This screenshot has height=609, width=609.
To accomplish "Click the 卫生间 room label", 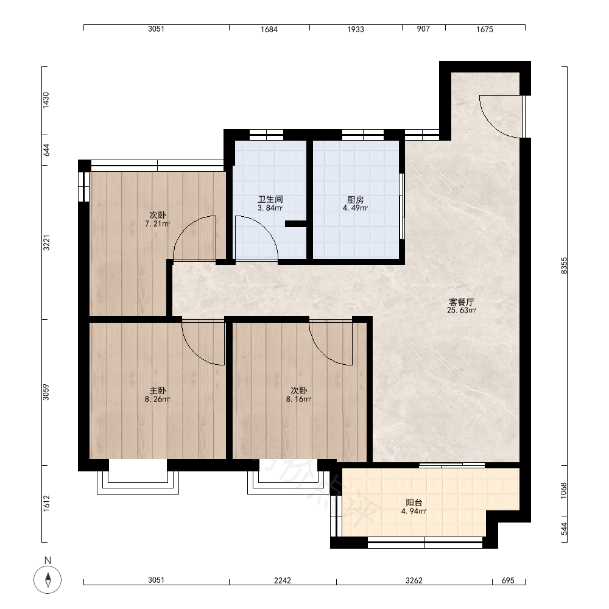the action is (270, 200).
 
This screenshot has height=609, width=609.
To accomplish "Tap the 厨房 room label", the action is (356, 200).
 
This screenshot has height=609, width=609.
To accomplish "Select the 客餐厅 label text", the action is (462, 302).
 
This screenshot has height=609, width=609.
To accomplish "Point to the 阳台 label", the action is (414, 503).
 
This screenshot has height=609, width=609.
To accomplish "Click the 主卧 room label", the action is (158, 391).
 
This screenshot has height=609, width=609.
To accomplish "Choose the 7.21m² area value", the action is (157, 224).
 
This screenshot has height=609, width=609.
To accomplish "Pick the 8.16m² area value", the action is (298, 400).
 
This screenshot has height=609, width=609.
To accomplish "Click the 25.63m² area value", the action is (462, 311).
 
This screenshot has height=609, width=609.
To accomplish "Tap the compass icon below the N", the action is (48, 580).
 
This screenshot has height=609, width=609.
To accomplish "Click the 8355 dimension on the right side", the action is (564, 266).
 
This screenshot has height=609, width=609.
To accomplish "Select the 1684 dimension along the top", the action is (269, 29).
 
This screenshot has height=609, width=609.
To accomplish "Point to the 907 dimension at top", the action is (423, 29).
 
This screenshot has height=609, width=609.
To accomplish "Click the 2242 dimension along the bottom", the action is (283, 580).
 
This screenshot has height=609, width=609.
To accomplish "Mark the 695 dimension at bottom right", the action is (508, 580).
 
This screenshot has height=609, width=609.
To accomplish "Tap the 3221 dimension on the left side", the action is (46, 243).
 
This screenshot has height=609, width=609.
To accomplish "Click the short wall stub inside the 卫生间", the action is (296, 224).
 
